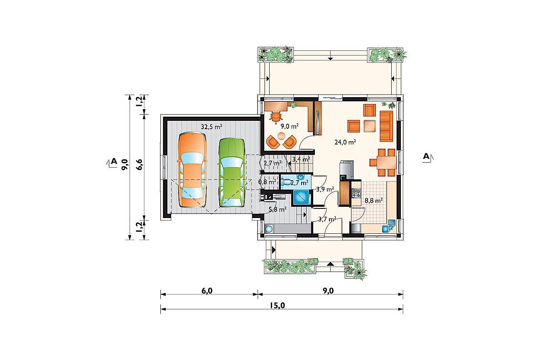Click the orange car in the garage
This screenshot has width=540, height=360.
click(x=192, y=170)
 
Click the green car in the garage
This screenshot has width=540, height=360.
click(x=231, y=173)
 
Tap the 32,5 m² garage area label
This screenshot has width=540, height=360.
click(x=211, y=127)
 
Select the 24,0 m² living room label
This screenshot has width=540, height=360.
click(x=345, y=142)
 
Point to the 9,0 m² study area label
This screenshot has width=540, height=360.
click(x=290, y=126)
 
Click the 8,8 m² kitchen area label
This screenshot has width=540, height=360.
click(x=374, y=200)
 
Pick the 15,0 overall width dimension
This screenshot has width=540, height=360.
click(x=277, y=306)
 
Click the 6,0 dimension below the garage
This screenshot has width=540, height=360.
click(x=207, y=291)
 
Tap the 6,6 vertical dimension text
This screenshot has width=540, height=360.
click(x=139, y=165)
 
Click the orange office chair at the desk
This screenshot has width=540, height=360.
click(x=276, y=117)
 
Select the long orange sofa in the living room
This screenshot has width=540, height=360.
click(x=386, y=126)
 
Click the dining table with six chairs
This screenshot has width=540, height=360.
click(x=383, y=163)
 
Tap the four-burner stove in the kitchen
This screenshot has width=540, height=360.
click(x=356, y=193)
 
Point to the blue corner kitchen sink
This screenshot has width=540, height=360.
click(x=389, y=226)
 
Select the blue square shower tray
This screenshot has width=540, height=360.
click(x=301, y=197)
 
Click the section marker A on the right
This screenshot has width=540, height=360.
click(x=426, y=157)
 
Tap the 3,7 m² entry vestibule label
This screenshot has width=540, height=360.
click(x=327, y=219)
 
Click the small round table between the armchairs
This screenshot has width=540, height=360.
click(x=281, y=136)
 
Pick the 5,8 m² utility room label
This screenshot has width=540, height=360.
click(x=277, y=209)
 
